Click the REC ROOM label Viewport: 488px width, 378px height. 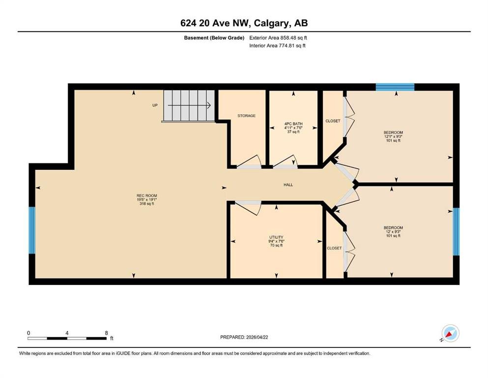146,196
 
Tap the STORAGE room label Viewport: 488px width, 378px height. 247,116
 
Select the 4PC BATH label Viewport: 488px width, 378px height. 293,124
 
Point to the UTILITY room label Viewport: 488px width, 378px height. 276,237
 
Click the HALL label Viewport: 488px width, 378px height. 288,185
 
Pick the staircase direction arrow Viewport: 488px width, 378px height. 189,105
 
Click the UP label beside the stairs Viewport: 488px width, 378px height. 155,105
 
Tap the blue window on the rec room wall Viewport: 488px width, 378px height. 32,230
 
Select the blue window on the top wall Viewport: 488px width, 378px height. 395,87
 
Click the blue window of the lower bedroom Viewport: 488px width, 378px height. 456,231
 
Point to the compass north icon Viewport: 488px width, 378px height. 450,333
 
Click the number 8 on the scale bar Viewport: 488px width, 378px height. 107,333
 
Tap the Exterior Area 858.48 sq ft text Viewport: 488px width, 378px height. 278,38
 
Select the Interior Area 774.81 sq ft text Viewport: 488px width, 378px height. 277,45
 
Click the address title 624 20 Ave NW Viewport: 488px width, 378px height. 215,23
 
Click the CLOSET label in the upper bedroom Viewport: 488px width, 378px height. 333,121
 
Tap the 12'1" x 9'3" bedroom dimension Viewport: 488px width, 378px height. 393,136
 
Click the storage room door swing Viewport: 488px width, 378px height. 250,162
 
